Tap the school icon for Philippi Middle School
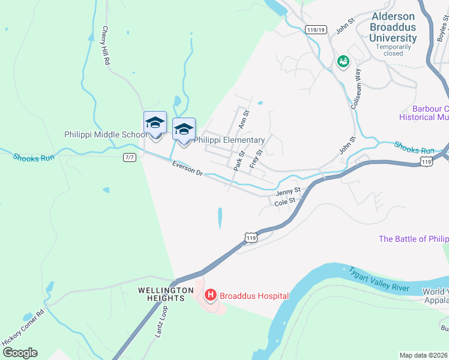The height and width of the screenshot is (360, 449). pos(155,124)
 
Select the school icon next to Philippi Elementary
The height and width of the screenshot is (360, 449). pos(184,129)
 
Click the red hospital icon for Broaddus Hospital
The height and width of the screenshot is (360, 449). pos(211,295)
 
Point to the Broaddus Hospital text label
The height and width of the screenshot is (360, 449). pos(254,296)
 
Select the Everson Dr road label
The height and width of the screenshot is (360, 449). pos(188,169)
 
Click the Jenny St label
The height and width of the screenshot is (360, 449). pos(288,193)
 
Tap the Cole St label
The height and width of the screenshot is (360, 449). pos(285,203)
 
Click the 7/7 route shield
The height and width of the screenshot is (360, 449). pos(130,157)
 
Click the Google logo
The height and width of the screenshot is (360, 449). pos(19,353)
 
